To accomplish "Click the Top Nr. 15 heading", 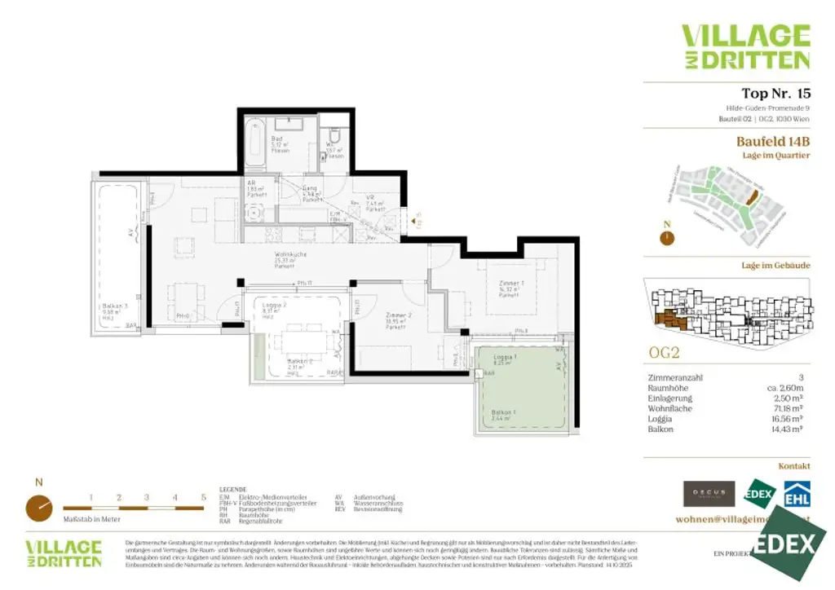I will point(775,93).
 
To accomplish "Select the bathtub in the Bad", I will point(256,141).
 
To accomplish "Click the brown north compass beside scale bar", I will point(38,507).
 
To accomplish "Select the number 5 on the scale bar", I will point(203,496).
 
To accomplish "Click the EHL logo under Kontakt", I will point(796,494).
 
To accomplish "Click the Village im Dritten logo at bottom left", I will point(64,553).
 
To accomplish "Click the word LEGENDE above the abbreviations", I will point(233,490).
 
